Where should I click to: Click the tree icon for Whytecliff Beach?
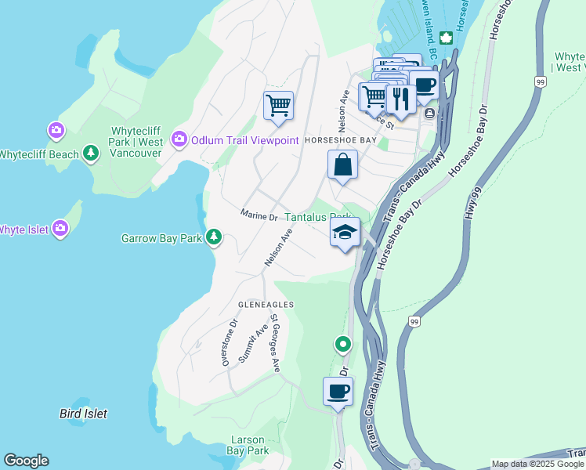tap(92, 154)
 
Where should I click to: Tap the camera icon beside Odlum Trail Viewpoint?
tap(179, 139)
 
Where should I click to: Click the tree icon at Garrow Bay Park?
tap(213, 237)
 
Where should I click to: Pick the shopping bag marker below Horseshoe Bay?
tap(342, 165)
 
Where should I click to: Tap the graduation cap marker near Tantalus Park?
tap(345, 233)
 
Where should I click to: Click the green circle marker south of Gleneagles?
tap(342, 343)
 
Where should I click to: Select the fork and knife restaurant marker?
tap(400, 98)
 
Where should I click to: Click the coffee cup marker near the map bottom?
tap(338, 391)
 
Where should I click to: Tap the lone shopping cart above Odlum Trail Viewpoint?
tap(278, 105)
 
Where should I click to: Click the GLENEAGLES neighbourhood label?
tap(266, 304)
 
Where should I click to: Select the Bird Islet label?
tap(83, 413)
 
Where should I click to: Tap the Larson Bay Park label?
tap(248, 445)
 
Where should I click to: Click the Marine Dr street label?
tap(259, 215)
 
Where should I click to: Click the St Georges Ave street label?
tap(275, 344)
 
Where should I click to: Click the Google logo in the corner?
tap(26, 461)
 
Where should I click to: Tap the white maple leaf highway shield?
tap(446, 38)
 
